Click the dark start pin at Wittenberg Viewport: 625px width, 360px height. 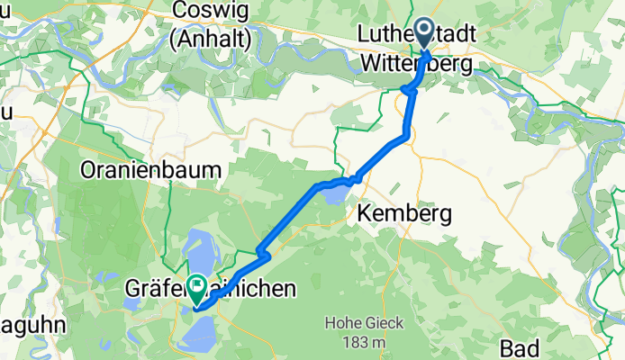coord(422,36)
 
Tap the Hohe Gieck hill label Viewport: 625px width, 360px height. coord(364,324)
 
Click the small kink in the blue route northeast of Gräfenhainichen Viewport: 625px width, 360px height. coord(263,255)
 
